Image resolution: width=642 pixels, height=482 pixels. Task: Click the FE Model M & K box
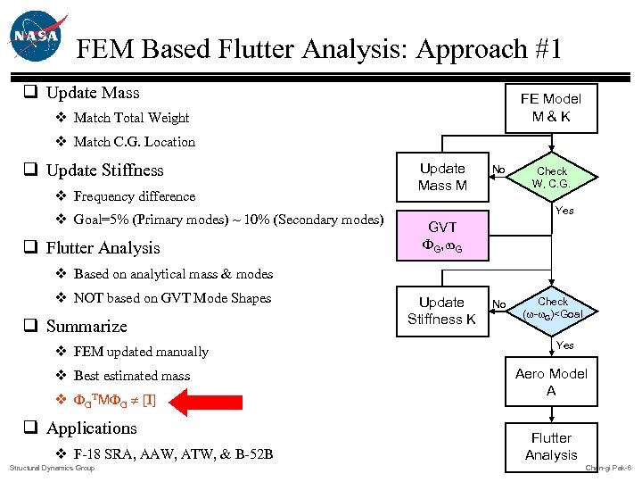point(550,107)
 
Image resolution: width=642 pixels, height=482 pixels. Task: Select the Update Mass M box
point(442,177)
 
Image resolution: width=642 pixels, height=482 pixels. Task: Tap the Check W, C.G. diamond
point(551,177)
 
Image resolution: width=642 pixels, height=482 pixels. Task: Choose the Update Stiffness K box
point(442,311)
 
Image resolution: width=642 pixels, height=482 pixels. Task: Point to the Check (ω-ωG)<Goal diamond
point(552,308)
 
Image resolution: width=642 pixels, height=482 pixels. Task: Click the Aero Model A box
point(551,382)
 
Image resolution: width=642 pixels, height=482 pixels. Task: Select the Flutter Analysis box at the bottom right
point(551,446)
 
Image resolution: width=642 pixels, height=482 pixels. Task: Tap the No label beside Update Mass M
point(499,170)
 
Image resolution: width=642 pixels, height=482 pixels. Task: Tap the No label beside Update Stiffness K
point(499,304)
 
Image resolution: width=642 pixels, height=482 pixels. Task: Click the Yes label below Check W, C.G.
point(564,212)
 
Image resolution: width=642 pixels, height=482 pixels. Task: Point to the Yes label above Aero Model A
point(564,345)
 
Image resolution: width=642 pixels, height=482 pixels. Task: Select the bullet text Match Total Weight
point(131,118)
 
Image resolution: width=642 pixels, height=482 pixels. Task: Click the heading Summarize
point(86,327)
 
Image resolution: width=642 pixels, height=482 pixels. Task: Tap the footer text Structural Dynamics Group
point(52,468)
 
